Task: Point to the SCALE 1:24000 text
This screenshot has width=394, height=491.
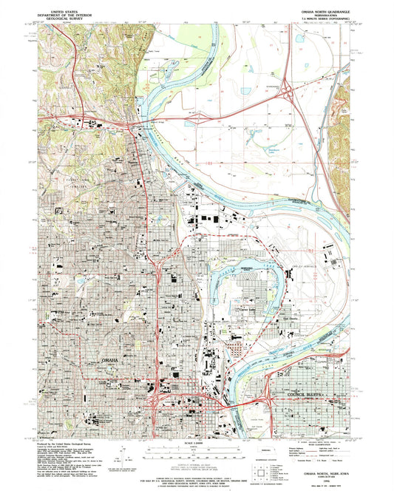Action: [x=196, y=443]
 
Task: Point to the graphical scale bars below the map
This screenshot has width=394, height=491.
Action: [x=196, y=452]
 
